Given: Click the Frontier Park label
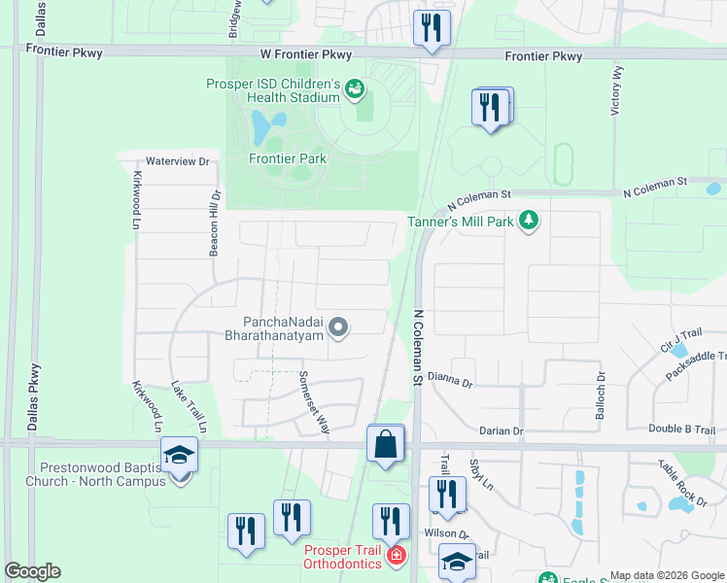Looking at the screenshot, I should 288,158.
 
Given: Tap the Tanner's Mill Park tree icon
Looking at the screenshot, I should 529,221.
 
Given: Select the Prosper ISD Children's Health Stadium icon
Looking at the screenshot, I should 355,90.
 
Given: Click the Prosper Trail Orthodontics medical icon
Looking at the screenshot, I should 396,556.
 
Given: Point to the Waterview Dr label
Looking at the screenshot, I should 178,160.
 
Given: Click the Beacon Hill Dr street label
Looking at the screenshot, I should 215,223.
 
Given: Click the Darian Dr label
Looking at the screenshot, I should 502,430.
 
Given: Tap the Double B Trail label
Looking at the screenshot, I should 681,430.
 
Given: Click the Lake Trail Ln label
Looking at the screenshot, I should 190,406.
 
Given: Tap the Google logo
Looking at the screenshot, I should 32,570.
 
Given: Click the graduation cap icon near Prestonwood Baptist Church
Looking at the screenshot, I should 179,457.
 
